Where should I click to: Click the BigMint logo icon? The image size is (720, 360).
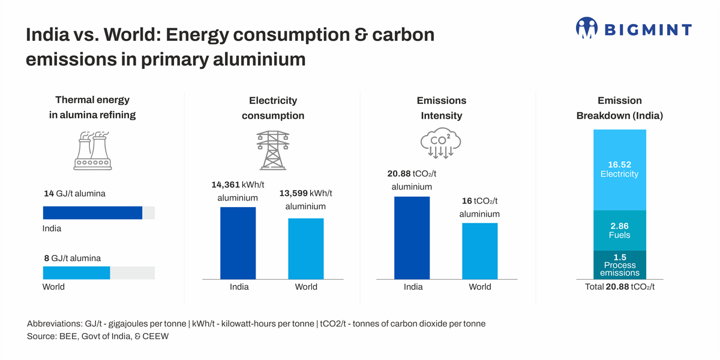(586, 28)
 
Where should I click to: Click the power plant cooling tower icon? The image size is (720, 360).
(92, 151)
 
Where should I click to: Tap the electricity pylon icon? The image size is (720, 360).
(273, 150)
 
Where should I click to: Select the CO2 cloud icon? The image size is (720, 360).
(440, 143)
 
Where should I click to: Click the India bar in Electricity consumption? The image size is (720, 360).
(238, 243)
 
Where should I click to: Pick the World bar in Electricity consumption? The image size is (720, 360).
(306, 248)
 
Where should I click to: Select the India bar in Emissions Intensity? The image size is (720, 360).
(412, 238)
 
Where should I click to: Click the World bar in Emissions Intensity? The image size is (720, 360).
(479, 251)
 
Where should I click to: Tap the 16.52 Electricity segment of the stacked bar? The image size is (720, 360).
(619, 170)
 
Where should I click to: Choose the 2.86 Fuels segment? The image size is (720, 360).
(619, 230)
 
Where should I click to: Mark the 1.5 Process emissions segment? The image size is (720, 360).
(619, 265)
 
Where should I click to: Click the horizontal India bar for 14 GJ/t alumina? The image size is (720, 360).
(92, 213)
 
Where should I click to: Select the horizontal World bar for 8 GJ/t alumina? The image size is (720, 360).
(76, 273)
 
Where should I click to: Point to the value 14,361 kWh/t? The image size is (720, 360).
(238, 185)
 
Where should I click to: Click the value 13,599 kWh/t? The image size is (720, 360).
(305, 193)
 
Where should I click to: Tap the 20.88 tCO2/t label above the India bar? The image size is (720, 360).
(412, 174)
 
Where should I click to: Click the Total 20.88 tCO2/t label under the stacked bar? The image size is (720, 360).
(619, 287)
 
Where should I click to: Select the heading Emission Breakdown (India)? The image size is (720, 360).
(619, 108)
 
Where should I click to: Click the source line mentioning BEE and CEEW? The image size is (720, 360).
(98, 337)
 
